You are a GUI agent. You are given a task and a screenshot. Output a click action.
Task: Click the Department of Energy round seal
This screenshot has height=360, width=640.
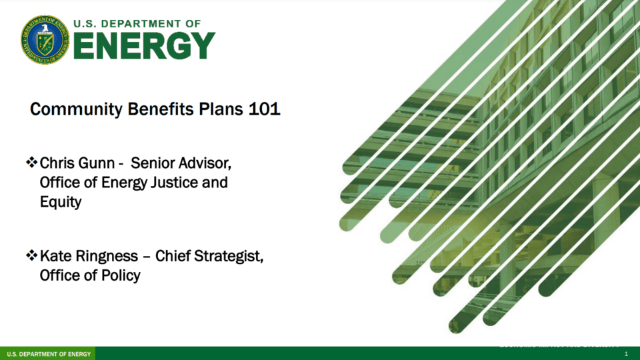pos(45,39)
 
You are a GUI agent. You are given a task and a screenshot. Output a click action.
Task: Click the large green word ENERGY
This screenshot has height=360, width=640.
pos(144,46)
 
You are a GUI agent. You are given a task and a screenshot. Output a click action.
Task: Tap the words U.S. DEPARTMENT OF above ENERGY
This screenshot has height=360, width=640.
pos(137,23)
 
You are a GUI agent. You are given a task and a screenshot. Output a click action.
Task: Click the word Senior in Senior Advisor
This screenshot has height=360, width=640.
pos(153,163)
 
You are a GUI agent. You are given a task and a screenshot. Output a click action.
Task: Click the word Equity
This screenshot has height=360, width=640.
pos(60,202)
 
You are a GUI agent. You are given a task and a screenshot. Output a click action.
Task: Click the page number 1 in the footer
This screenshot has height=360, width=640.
pos(626,353)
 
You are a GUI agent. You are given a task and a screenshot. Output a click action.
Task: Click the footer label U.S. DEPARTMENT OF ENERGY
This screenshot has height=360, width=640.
pos(48,353)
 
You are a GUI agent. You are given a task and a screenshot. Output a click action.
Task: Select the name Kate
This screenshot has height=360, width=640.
pos(56,257)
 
